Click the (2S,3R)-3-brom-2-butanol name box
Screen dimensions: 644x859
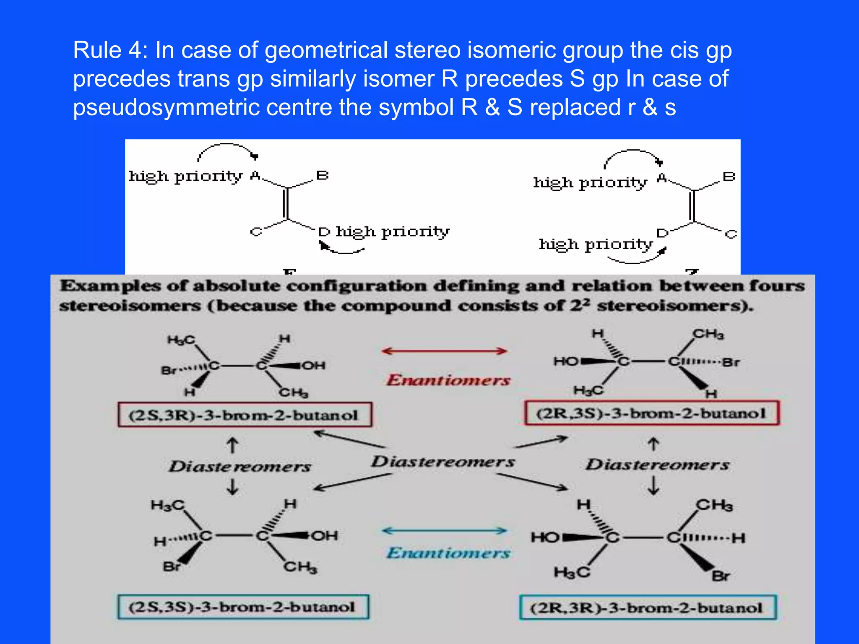(x=245, y=415)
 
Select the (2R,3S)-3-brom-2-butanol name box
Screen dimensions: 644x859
(x=651, y=413)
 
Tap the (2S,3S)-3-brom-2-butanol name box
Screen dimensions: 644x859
(x=243, y=607)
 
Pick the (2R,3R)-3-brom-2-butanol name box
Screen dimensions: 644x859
(x=648, y=608)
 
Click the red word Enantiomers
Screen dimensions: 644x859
(x=448, y=380)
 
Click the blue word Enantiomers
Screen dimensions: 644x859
(x=448, y=553)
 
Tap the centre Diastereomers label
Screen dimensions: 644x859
(x=443, y=462)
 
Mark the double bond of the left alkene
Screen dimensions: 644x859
(x=286, y=203)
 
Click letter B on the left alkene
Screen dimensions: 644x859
(x=322, y=175)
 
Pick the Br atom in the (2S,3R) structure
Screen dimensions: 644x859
(x=169, y=371)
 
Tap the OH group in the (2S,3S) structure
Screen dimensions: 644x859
(x=324, y=535)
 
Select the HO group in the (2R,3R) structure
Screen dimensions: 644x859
(x=545, y=537)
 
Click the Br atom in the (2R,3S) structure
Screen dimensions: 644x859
(x=731, y=362)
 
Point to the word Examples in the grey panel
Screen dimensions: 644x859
(x=111, y=286)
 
